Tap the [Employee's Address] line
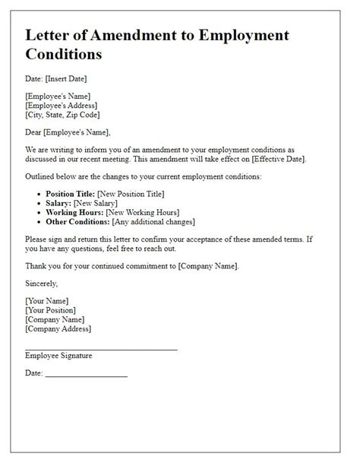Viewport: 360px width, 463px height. tap(61, 106)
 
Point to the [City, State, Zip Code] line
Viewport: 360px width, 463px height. tap(67, 115)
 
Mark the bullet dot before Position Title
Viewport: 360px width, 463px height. tap(39, 195)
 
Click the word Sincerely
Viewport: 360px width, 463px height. tap(42, 283)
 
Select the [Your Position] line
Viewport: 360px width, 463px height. tap(51, 310)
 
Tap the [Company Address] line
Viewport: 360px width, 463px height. tap(58, 328)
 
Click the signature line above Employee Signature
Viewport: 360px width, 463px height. tap(101, 349)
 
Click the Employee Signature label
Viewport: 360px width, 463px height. tap(59, 355)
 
